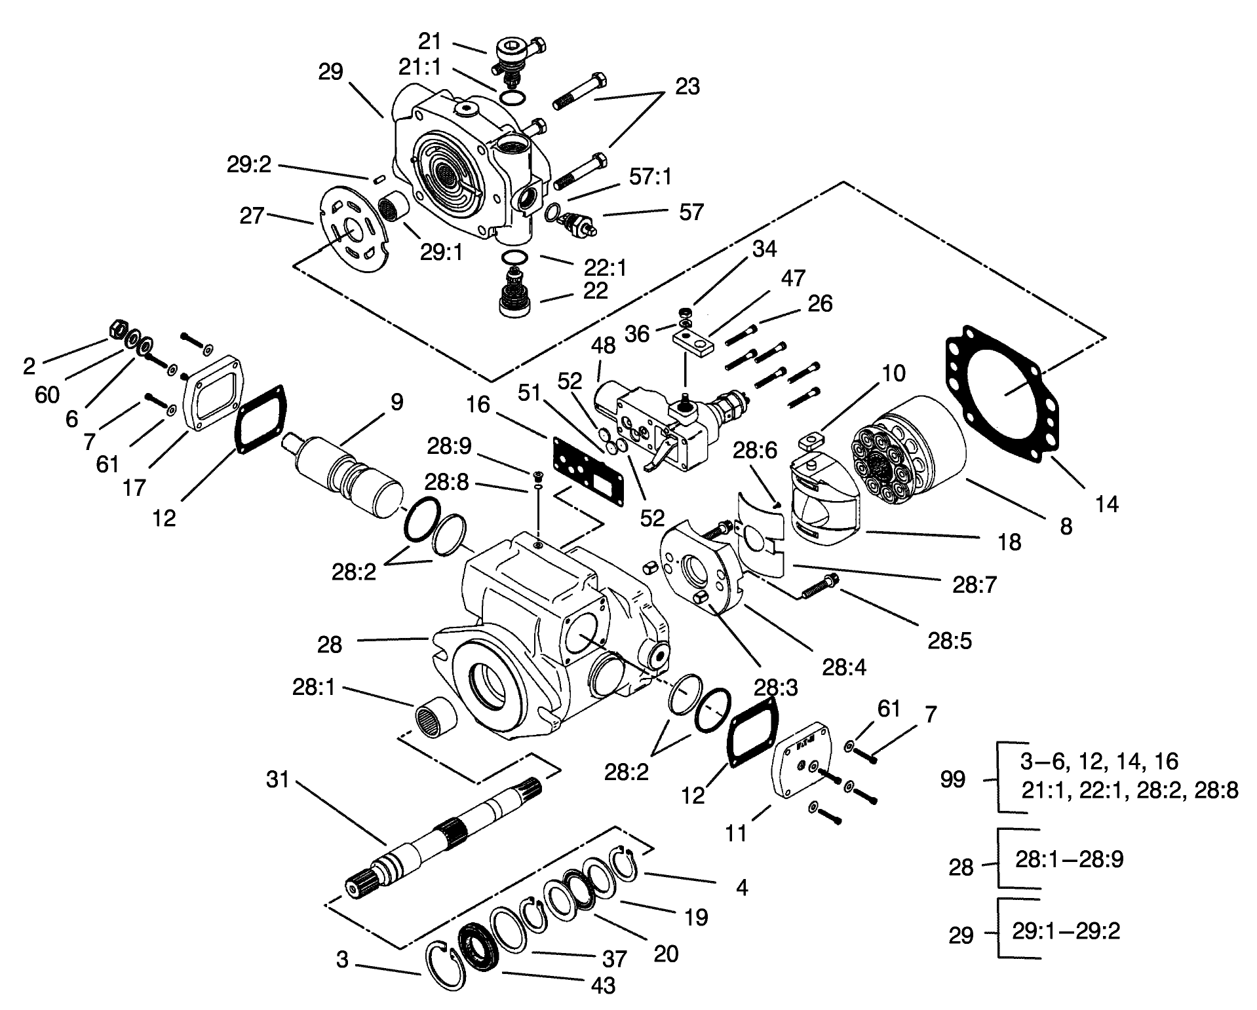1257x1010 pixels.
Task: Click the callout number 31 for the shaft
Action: click(x=277, y=779)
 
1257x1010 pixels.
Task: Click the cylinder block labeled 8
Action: click(x=911, y=445)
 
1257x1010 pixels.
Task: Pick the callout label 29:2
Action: click(x=249, y=165)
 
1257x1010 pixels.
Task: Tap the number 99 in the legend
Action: click(x=952, y=779)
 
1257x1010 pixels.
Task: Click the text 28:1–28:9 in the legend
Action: click(x=1069, y=859)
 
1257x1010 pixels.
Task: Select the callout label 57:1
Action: click(x=650, y=177)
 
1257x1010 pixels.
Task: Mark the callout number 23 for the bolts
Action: click(x=687, y=86)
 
